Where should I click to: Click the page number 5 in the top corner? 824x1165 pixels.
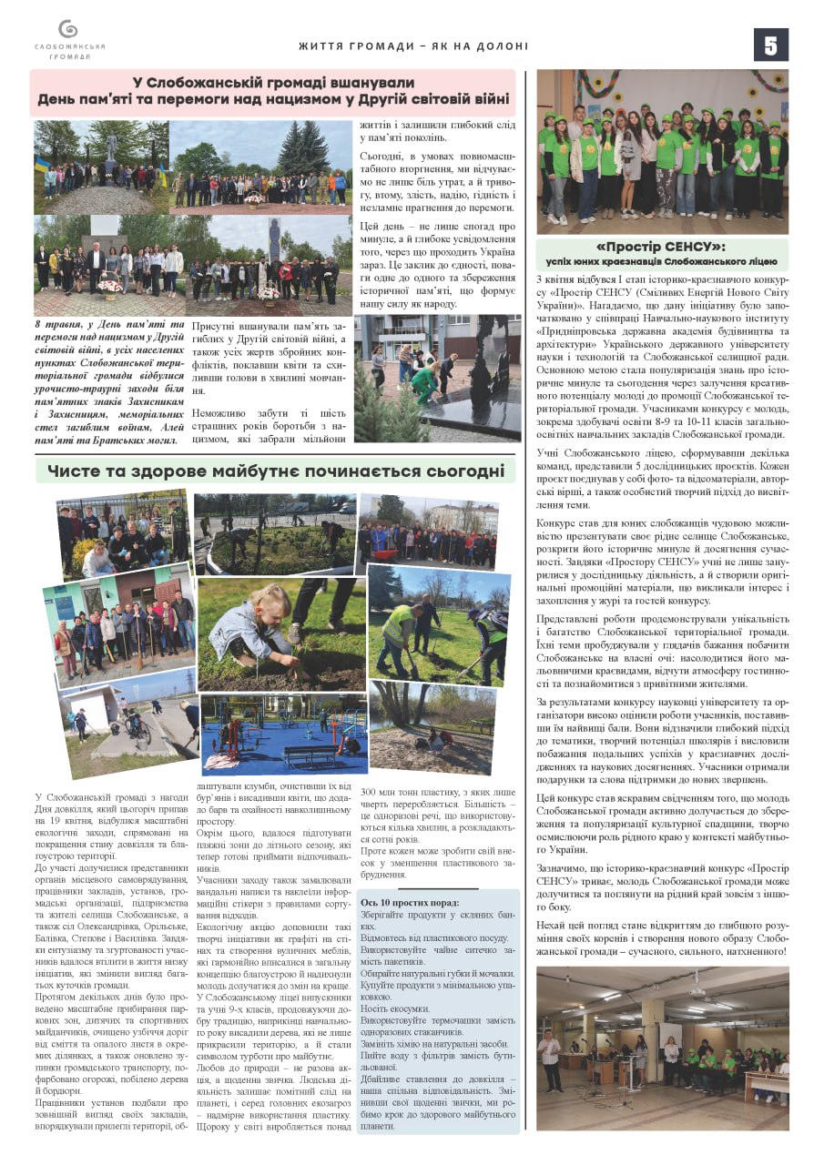click(770, 45)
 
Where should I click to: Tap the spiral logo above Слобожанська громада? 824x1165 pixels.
click(67, 29)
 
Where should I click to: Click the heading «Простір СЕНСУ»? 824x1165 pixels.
click(660, 247)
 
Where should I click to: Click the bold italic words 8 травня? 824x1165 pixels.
click(54, 324)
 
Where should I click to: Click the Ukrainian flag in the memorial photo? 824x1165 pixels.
click(41, 167)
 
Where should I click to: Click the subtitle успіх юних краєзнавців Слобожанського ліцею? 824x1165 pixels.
click(662, 261)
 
